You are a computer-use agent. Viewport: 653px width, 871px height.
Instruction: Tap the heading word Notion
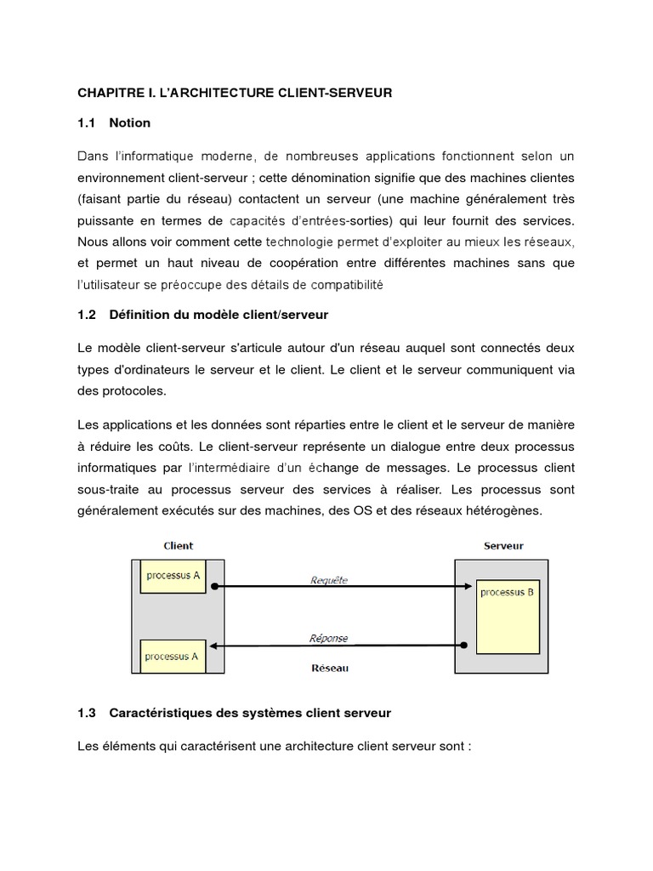[x=130, y=122]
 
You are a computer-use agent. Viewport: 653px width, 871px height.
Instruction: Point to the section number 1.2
[x=88, y=315]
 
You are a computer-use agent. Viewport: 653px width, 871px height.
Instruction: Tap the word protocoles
[x=132, y=390]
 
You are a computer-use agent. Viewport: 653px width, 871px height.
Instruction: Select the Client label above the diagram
[x=178, y=545]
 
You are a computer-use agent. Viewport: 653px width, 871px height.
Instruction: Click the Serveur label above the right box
[x=503, y=545]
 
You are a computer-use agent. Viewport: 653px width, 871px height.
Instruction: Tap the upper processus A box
[x=173, y=576]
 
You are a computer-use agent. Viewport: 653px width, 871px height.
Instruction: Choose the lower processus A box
[x=172, y=656]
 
